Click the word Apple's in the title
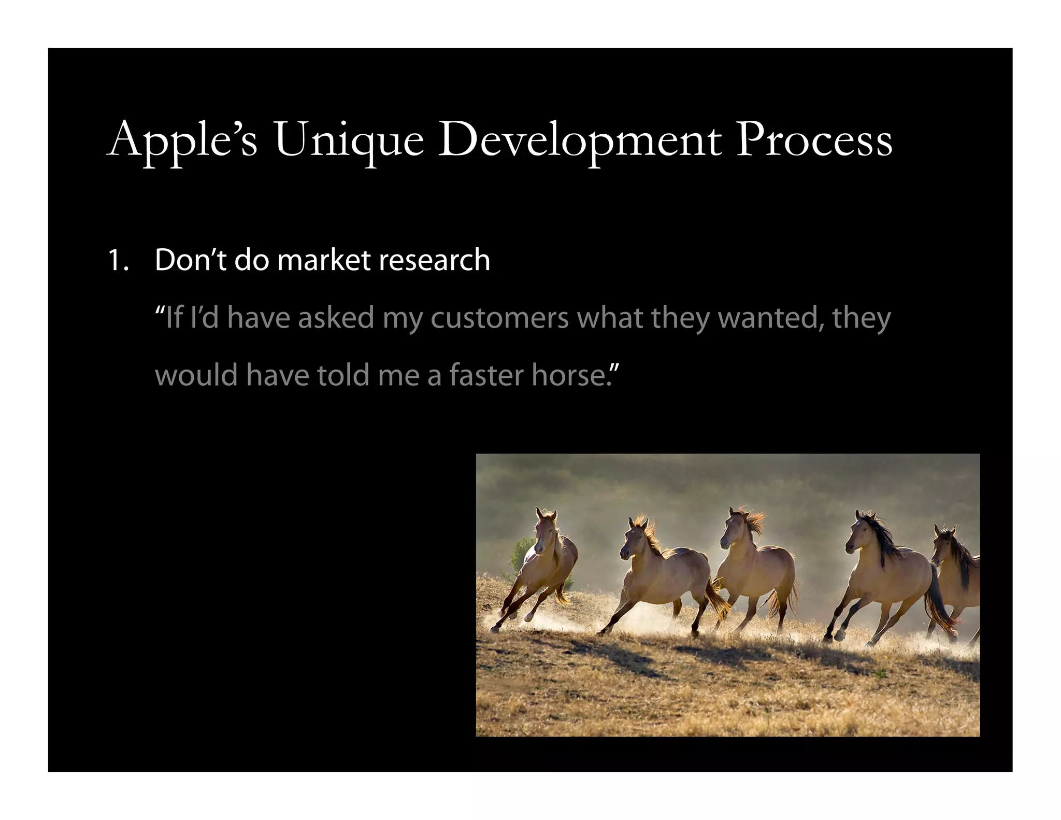click(x=182, y=140)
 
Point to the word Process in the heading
click(x=814, y=140)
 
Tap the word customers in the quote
click(x=499, y=318)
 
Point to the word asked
click(x=336, y=318)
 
